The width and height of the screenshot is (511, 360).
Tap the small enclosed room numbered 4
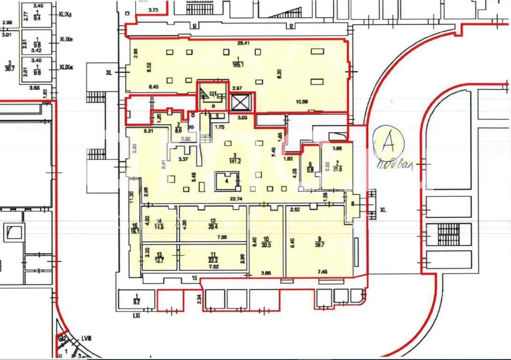227,180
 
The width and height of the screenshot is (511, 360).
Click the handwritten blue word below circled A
394,165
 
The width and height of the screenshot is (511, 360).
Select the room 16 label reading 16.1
135,228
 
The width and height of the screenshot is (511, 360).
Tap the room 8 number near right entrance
352,203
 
